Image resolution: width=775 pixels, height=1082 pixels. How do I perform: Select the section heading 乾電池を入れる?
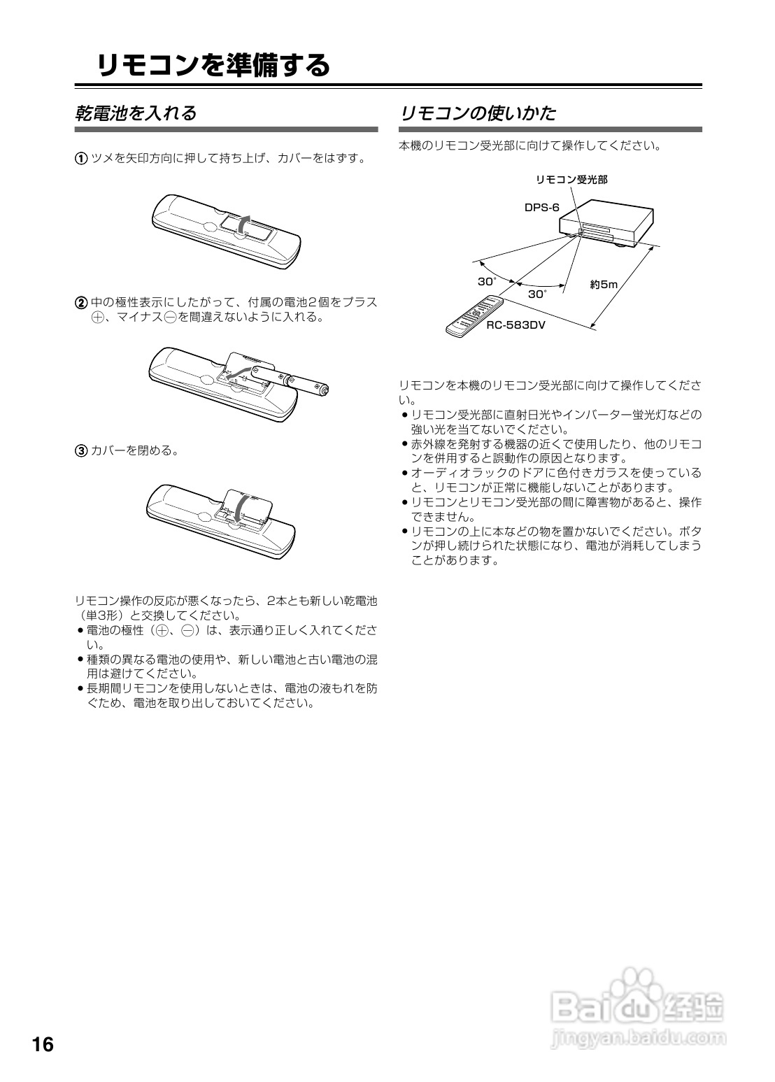coord(136,113)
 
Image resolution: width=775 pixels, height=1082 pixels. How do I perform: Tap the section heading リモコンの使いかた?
coord(477,113)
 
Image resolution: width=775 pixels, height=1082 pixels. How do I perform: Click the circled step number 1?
coord(81,158)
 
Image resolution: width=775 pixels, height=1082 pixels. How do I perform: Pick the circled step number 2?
coord(81,303)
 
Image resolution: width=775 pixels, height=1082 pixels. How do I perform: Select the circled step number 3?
coord(81,450)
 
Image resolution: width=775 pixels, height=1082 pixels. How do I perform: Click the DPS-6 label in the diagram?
coord(542,208)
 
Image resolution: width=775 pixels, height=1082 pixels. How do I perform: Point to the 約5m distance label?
coord(604,285)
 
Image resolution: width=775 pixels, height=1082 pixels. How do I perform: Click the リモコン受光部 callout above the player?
coord(571,180)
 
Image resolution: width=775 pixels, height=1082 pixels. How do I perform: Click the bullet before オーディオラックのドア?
coord(405,474)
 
